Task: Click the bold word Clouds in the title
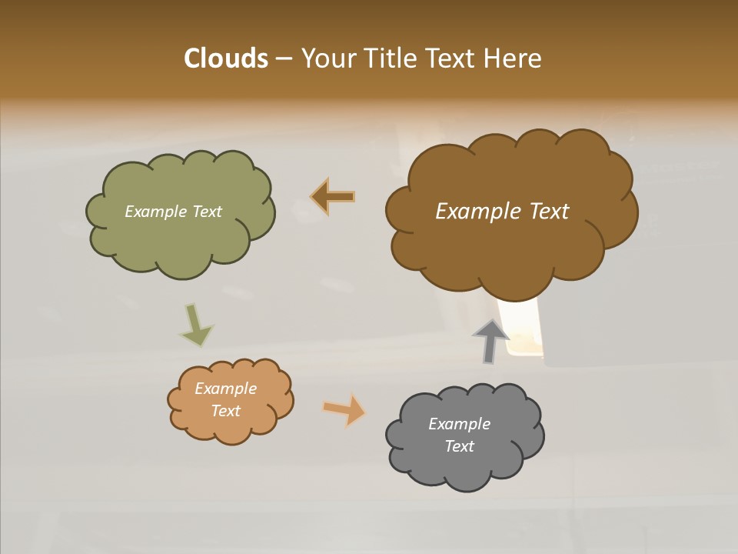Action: pos(225,58)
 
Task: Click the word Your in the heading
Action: pos(329,58)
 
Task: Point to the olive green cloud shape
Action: pos(181,239)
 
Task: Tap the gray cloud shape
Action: pos(465,469)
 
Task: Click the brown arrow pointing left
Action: pos(333,197)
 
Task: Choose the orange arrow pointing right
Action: pos(344,409)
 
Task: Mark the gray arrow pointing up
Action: pos(490,341)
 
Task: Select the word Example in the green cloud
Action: pos(155,212)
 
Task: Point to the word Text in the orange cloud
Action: pos(226,411)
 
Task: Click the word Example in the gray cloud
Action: pos(459,424)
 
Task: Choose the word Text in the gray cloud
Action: pos(459,446)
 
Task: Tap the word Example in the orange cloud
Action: pos(226,389)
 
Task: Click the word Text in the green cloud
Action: pos(206,212)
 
